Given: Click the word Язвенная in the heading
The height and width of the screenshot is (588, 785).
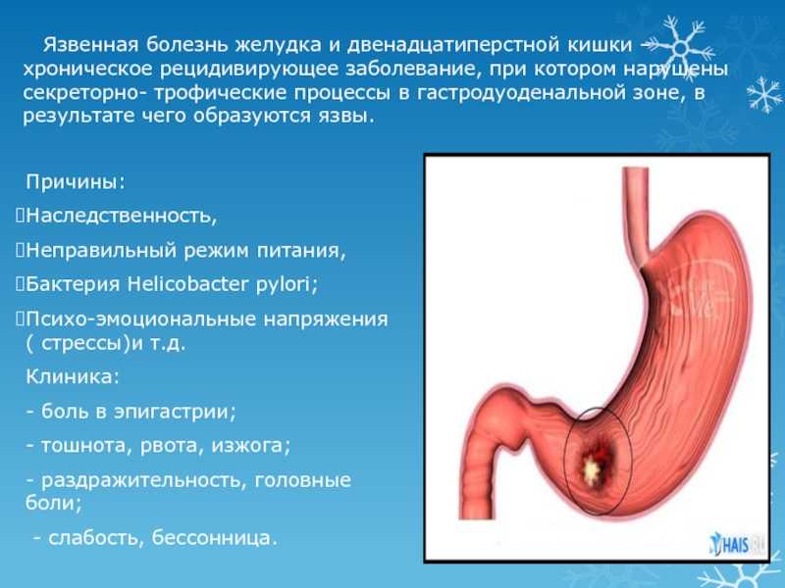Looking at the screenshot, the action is coord(90,45).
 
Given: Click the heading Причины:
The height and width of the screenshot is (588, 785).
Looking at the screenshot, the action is coord(76,181).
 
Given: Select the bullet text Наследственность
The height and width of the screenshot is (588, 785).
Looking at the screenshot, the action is coord(121,216).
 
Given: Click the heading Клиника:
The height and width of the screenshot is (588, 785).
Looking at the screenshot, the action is coord(73,376).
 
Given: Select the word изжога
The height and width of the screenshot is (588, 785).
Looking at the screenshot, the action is coord(248,446).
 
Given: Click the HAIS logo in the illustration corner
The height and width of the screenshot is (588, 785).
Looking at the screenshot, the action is coord(736,545).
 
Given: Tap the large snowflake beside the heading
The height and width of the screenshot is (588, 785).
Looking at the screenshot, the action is coord(679,48).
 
